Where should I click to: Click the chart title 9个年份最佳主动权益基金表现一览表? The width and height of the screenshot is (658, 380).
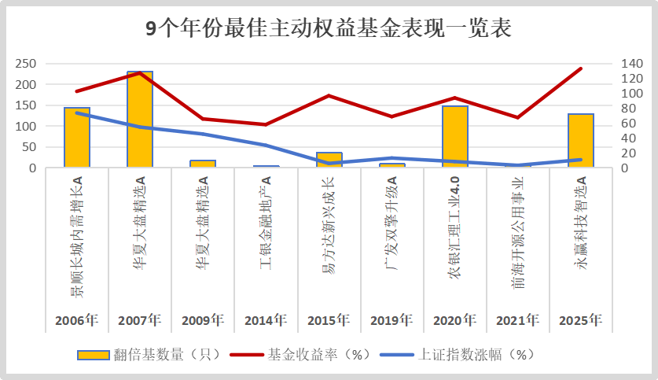[x=329, y=29]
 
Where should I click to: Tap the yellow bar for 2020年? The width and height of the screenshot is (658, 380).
[x=455, y=137]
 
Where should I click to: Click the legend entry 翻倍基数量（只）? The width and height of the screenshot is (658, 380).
[x=149, y=354]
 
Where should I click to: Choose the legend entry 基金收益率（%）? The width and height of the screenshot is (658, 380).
[x=307, y=354]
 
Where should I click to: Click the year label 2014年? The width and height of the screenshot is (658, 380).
[x=266, y=320]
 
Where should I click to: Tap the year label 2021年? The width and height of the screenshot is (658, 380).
[x=518, y=320]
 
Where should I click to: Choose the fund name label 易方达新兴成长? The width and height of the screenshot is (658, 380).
[x=329, y=236]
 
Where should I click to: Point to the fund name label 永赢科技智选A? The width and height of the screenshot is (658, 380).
[x=581, y=235]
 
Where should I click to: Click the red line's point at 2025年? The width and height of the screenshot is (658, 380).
[x=581, y=68]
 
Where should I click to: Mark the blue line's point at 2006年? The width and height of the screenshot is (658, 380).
[x=77, y=113]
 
